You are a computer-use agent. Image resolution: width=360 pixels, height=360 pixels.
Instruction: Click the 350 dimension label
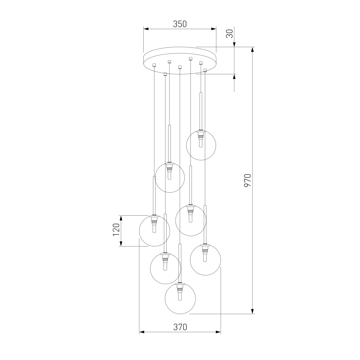(180, 24)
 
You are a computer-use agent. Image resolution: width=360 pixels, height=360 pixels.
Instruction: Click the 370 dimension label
(180, 327)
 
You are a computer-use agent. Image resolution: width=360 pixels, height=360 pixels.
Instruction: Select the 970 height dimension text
(248, 180)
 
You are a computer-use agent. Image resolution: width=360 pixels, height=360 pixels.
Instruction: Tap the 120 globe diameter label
(116, 229)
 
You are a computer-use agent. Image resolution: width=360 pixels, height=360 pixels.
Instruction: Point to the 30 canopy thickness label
(230, 33)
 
